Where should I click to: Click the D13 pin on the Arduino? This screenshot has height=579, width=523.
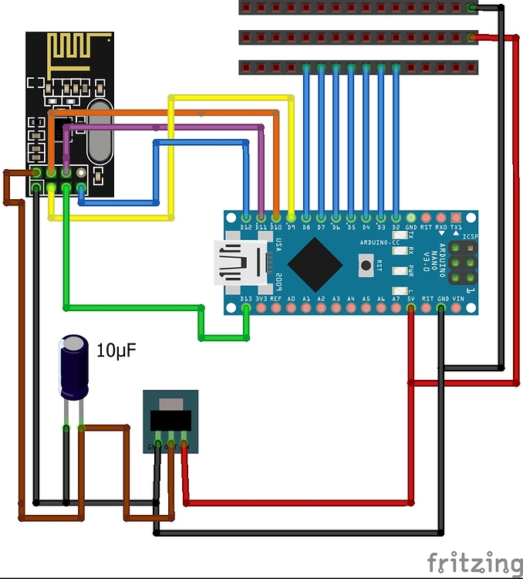[x=246, y=308]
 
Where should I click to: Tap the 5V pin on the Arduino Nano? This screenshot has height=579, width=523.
[x=410, y=308]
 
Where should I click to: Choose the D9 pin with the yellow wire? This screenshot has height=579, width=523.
[x=291, y=218]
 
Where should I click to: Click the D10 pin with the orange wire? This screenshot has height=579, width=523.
[x=276, y=218]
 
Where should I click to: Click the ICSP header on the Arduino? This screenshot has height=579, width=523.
[x=462, y=262]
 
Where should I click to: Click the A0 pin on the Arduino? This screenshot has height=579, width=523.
[x=291, y=308]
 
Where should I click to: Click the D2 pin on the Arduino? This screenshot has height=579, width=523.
[x=396, y=218]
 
